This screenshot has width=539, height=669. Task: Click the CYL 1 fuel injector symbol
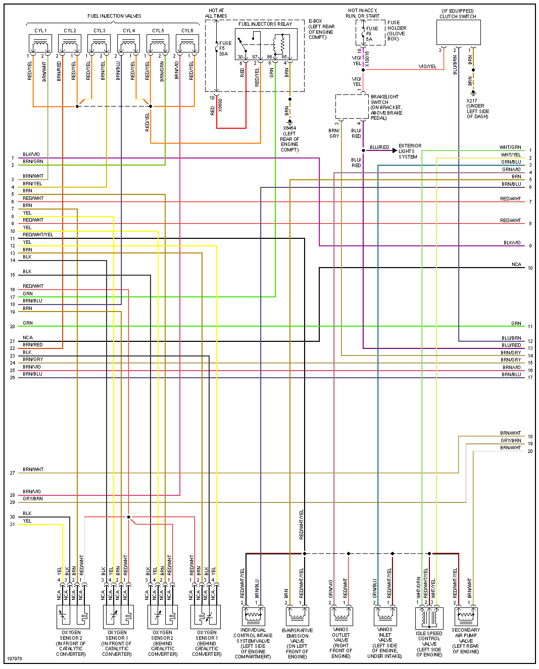click(40, 44)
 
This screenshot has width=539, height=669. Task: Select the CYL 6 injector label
click(187, 31)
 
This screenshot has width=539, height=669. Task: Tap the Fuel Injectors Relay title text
click(265, 24)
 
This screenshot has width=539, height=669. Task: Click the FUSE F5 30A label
click(225, 48)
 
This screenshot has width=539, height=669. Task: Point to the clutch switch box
click(458, 33)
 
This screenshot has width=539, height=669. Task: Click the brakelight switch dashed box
click(352, 107)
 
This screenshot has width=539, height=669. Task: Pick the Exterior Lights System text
click(410, 151)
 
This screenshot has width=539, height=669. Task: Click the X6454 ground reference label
click(289, 139)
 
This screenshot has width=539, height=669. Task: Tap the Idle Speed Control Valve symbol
click(429, 617)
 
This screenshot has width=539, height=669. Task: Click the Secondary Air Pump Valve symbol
click(466, 616)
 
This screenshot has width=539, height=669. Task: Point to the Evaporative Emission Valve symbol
click(298, 616)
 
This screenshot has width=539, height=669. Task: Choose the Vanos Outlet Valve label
click(341, 643)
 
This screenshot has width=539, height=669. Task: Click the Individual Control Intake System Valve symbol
click(253, 616)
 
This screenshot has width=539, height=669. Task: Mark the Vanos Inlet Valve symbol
click(385, 616)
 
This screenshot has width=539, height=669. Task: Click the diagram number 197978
click(15, 659)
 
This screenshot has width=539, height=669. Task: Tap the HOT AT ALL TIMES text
click(216, 13)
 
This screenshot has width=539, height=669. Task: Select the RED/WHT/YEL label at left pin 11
click(38, 235)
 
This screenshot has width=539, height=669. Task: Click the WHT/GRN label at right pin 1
click(510, 147)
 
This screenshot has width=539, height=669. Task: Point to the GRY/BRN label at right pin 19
click(511, 441)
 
